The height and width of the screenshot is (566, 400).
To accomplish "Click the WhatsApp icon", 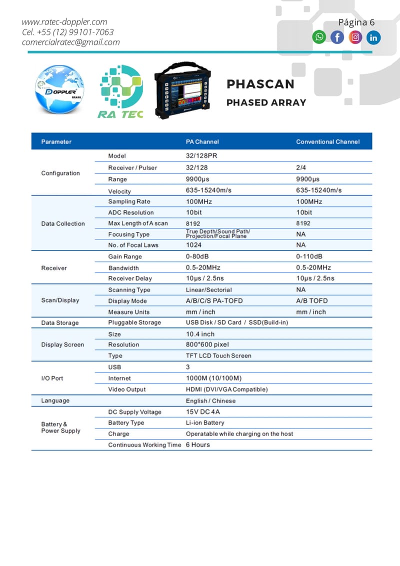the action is [319, 37].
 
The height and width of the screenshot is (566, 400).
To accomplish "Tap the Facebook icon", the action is [337, 37].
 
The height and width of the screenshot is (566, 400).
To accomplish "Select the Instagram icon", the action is [355, 37].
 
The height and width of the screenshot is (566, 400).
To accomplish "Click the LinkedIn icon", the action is [373, 37].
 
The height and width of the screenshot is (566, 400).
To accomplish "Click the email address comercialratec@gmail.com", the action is [70, 42].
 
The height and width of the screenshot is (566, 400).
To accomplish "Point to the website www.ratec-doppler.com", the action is [64, 22].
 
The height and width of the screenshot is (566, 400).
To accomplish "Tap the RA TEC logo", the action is [120, 92].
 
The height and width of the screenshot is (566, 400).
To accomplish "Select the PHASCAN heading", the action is [260, 84].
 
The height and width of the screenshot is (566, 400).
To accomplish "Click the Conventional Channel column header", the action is [327, 141].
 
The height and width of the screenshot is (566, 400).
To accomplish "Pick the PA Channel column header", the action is [202, 141].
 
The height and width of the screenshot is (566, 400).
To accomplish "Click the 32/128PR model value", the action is [201, 155].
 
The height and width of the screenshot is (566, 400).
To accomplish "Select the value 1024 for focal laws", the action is [193, 245].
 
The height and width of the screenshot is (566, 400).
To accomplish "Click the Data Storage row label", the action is [60, 323].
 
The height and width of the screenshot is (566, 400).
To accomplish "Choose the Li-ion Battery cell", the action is [205, 422].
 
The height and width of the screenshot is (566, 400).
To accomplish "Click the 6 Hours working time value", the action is [198, 444].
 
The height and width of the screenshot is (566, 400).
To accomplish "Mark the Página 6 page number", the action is [356, 22].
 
